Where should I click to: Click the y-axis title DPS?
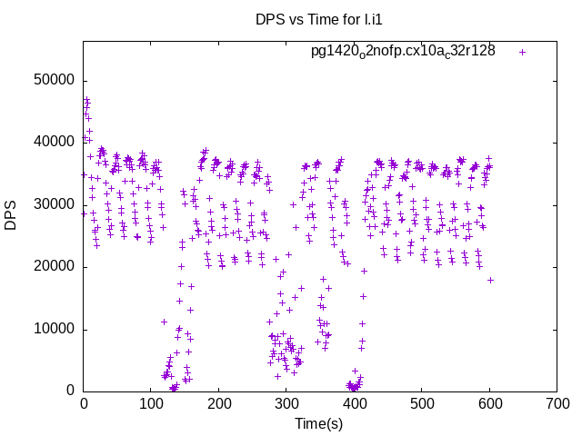[x=12, y=213]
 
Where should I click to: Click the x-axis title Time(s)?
[x=318, y=424]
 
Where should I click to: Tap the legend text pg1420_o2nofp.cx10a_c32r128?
[x=403, y=51]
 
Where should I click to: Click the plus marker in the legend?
[x=522, y=52]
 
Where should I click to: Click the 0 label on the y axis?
[x=70, y=391]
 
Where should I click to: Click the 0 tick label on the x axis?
[x=84, y=405]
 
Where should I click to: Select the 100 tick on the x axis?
[x=151, y=405]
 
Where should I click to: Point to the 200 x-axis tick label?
[x=219, y=405]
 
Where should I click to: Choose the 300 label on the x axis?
[x=286, y=405]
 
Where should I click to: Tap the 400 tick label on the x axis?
[x=354, y=405]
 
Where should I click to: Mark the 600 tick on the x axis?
[x=489, y=405]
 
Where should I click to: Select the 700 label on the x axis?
[x=557, y=405]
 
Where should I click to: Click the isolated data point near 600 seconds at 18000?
[x=490, y=280]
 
